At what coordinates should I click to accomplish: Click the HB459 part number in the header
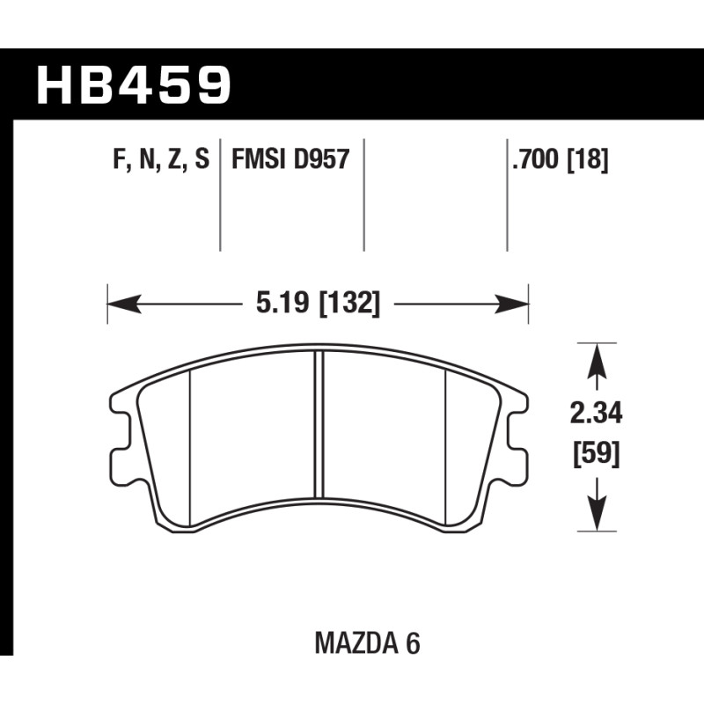click(x=134, y=84)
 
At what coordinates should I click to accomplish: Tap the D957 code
click(x=321, y=159)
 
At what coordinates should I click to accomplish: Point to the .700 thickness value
click(x=536, y=159)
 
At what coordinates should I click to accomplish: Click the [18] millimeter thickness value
click(x=588, y=159)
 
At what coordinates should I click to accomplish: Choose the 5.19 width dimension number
click(x=282, y=303)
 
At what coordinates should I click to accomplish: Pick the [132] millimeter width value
click(x=348, y=303)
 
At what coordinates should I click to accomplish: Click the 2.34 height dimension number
click(x=596, y=414)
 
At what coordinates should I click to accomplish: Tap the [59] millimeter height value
click(x=597, y=454)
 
